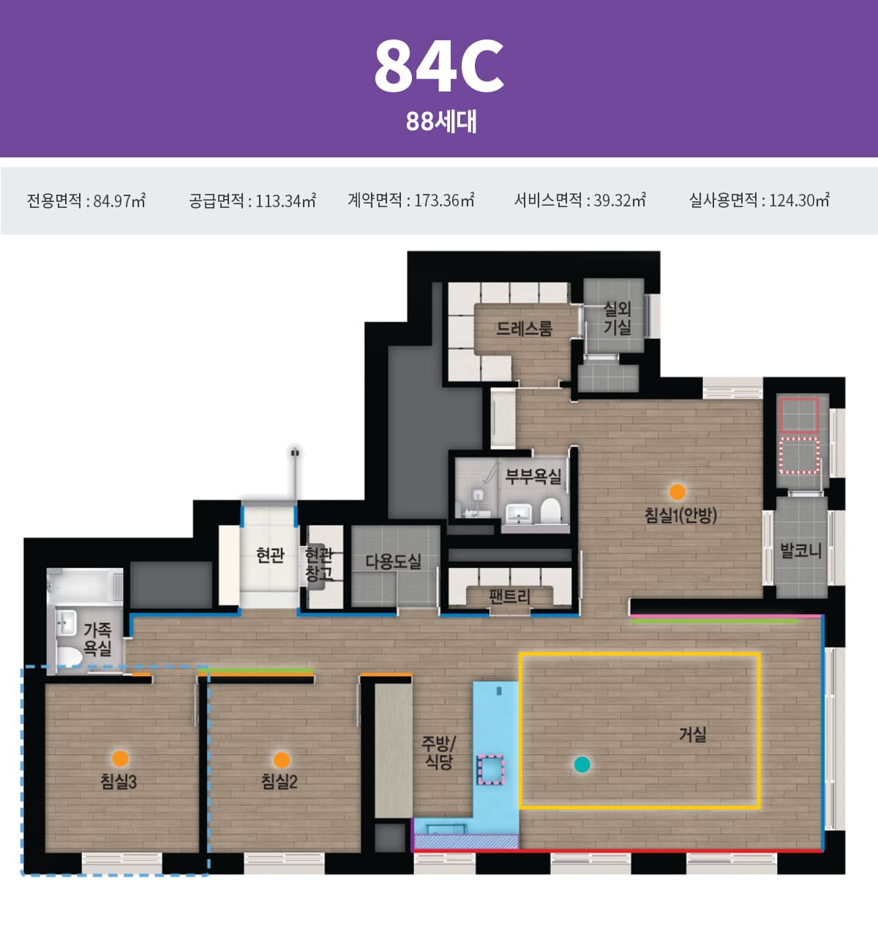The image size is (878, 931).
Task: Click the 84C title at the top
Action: pos(439,66)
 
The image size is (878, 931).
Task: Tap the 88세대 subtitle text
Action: pos(441,121)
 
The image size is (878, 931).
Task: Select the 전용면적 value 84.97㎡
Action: pos(86,200)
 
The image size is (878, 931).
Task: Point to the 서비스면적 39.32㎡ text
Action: pos(580,200)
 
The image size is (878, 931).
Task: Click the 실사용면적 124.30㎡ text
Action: pos(759,200)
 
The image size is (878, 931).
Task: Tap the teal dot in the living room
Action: pos(582,764)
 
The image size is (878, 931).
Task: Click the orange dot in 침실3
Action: pos(121,758)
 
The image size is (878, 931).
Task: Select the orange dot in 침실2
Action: pos(281,760)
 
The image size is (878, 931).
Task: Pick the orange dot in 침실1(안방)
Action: pos(678,492)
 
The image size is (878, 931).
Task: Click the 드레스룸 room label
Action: pos(524,328)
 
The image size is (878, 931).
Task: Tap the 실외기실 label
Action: pos(618,318)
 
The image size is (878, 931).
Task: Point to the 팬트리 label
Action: pos(509,597)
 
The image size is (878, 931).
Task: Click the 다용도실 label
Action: pos(394,561)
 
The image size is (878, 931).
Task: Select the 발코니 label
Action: pos(800,550)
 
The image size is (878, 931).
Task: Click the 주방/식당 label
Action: pos(438,752)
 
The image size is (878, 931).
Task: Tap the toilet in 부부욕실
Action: pos(550,510)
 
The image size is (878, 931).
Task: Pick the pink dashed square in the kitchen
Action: pos(491,769)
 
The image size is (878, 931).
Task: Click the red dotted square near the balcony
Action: pos(800,455)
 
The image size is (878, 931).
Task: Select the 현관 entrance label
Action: pos(270,555)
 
